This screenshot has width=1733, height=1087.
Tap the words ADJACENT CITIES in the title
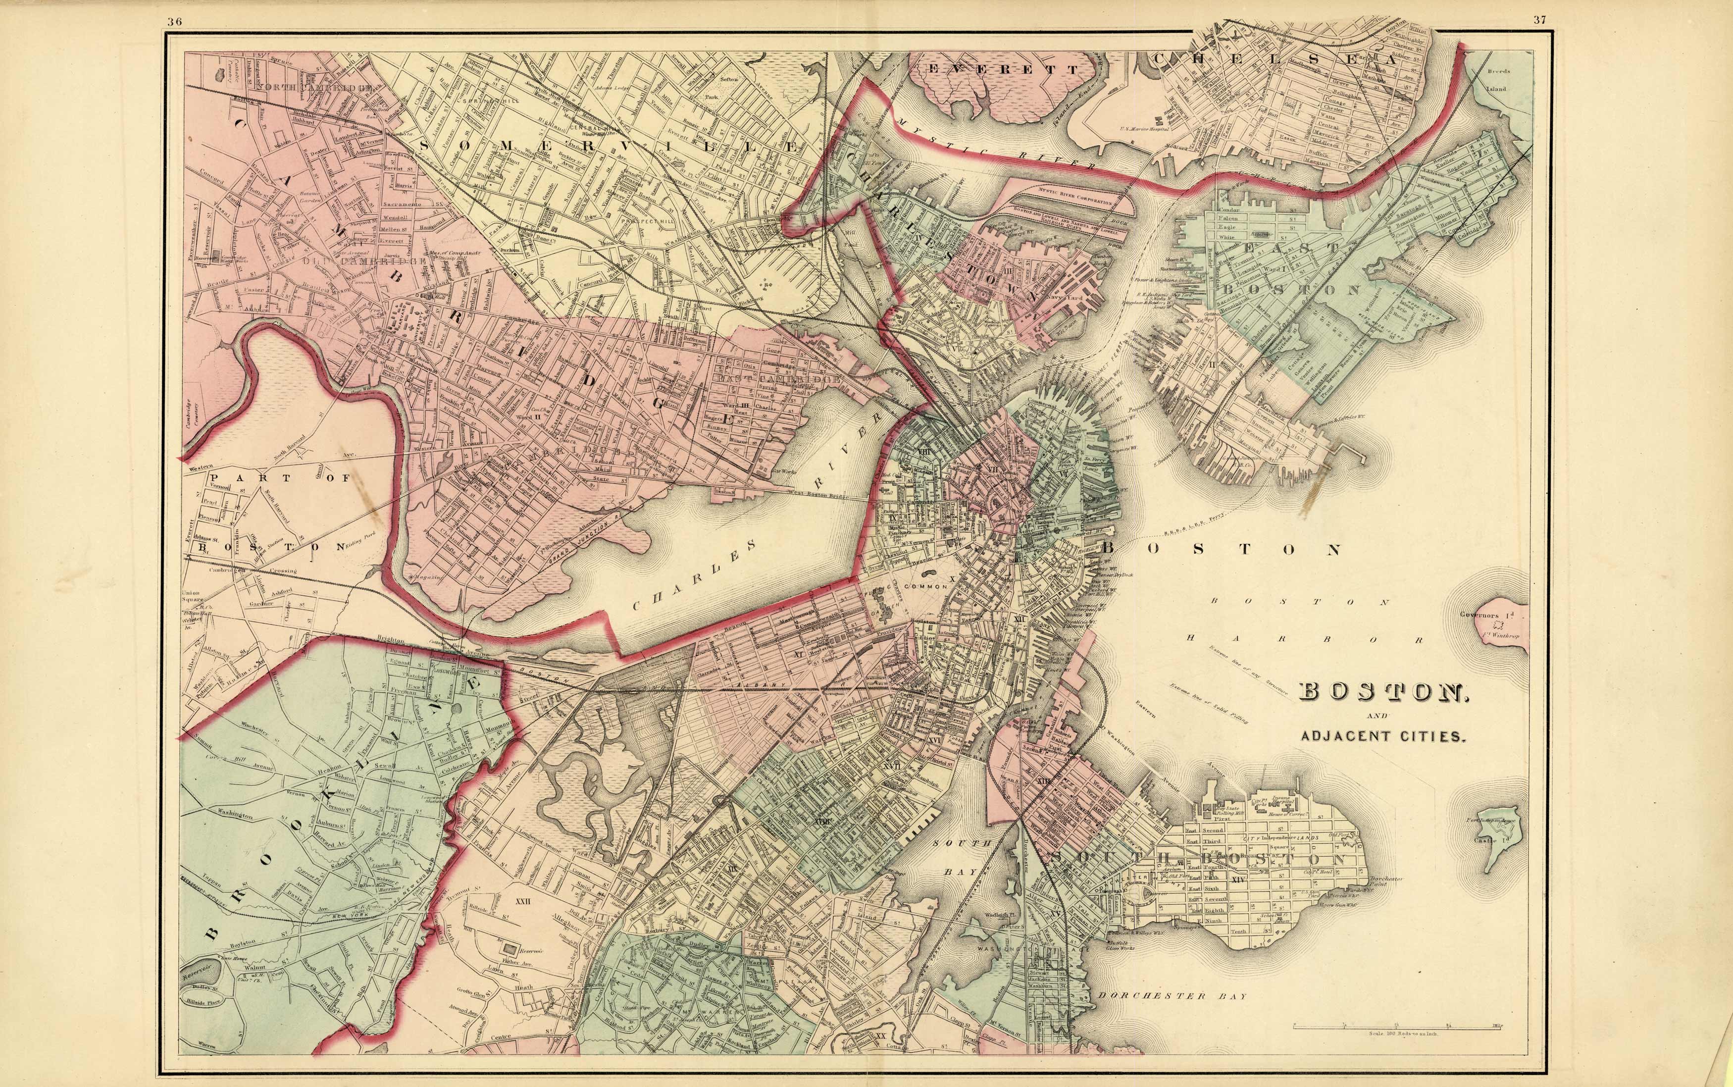[x=1383, y=736]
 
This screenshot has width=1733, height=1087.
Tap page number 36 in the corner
[x=174, y=21]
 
